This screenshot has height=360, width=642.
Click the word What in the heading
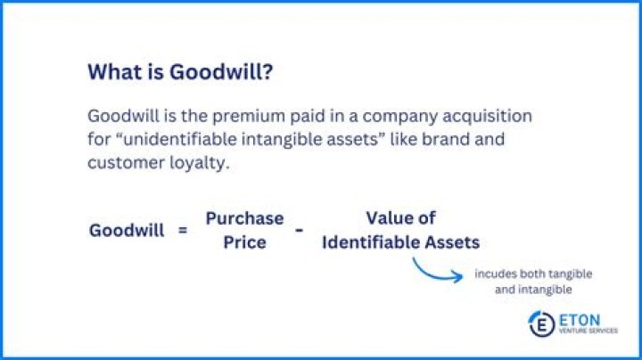click(x=111, y=73)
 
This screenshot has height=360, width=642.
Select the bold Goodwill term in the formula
click(x=127, y=230)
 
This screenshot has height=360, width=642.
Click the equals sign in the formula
click(x=183, y=230)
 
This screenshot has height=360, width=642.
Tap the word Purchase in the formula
click(x=244, y=218)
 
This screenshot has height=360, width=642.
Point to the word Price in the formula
click(x=244, y=241)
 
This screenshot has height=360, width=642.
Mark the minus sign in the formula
click(x=300, y=230)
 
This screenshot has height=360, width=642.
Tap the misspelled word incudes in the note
click(x=495, y=274)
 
